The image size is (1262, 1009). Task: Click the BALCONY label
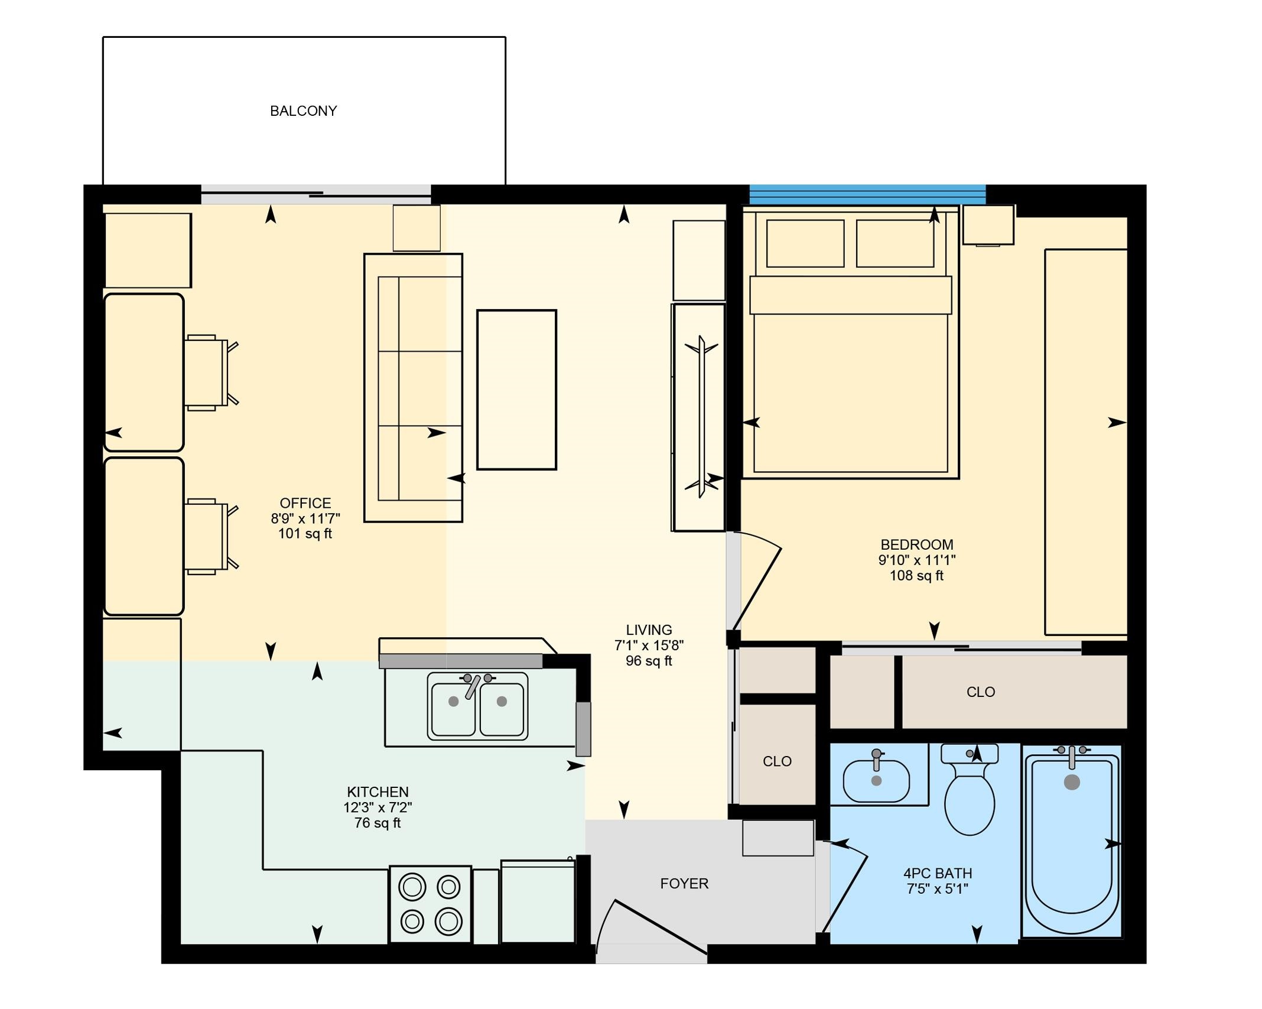click(x=303, y=111)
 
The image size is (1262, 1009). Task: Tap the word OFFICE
click(x=305, y=503)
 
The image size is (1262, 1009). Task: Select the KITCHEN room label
click(x=378, y=792)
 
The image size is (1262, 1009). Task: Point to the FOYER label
click(x=684, y=884)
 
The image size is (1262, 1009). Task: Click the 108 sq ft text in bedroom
click(x=916, y=576)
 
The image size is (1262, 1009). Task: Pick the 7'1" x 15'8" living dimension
click(x=649, y=645)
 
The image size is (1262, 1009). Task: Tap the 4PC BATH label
click(x=938, y=873)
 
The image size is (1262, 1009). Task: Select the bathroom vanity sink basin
click(x=876, y=781)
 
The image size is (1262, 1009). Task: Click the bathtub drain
click(x=1072, y=782)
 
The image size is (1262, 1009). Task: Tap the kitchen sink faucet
click(x=474, y=686)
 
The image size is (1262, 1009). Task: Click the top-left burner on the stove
click(x=412, y=887)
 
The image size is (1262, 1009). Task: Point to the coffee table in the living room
click(x=516, y=390)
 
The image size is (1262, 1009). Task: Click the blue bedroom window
click(x=867, y=194)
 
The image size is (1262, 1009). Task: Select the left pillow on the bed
click(x=805, y=244)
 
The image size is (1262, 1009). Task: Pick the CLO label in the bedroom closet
click(x=981, y=692)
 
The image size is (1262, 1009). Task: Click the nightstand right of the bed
click(x=988, y=225)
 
